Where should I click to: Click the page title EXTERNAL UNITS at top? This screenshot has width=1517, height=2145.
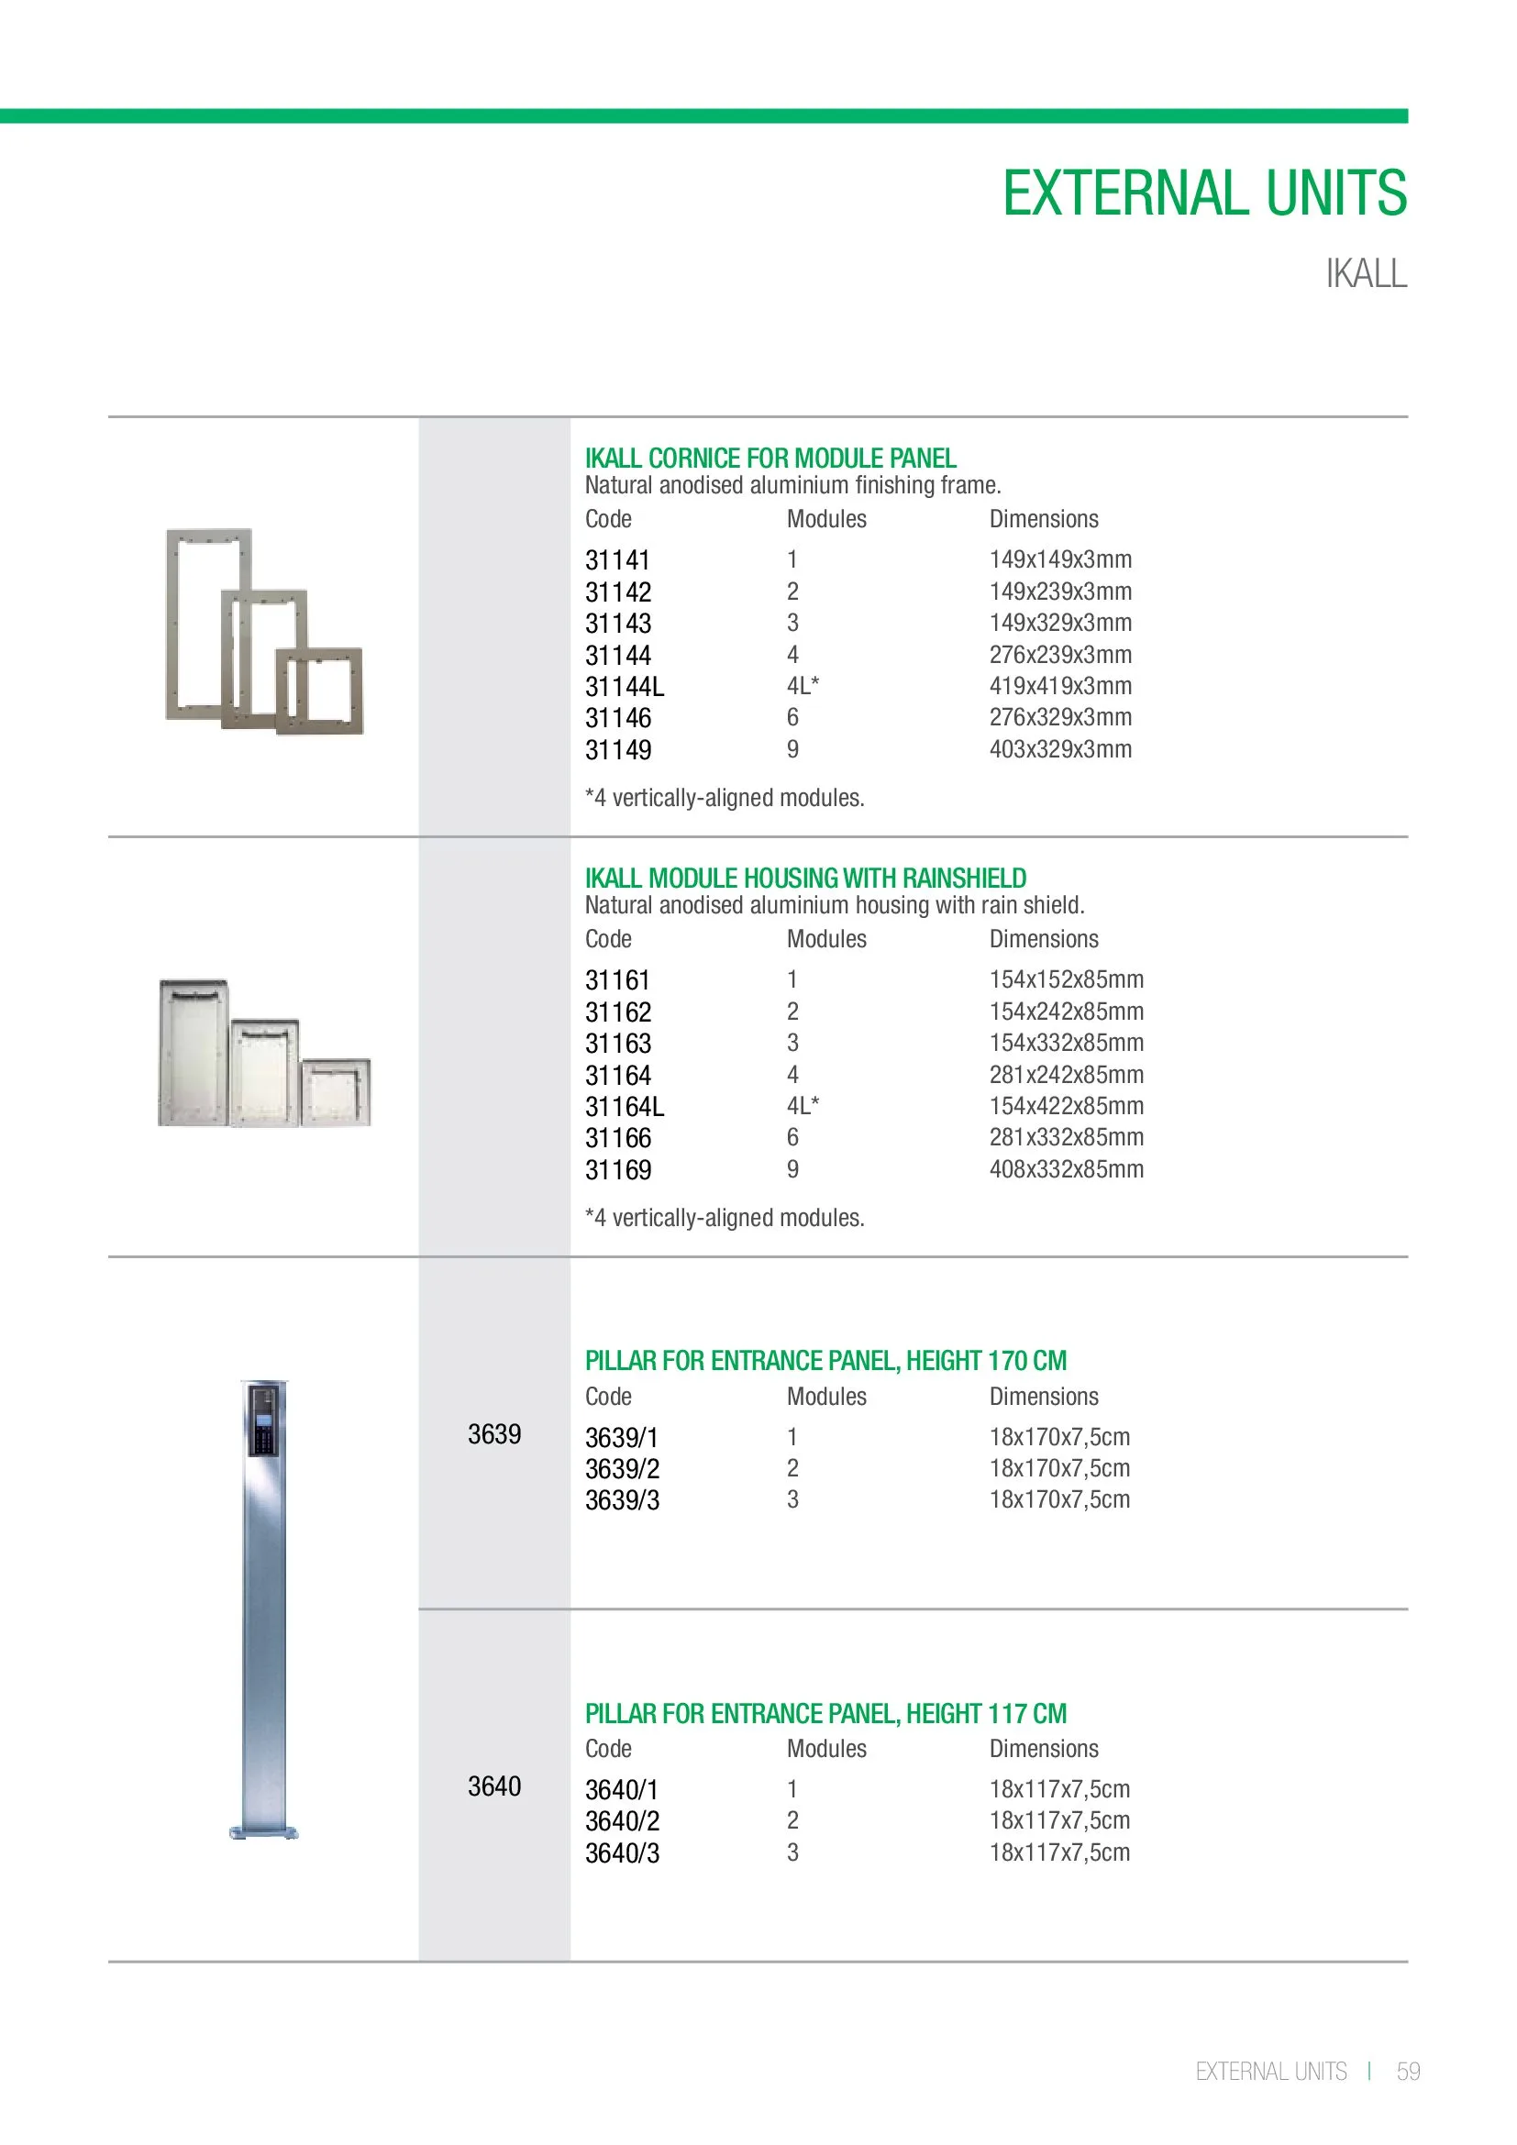[x=1204, y=193]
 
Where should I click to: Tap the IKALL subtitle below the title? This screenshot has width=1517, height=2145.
[x=1366, y=273]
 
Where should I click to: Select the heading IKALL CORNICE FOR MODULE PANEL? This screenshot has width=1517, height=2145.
[x=770, y=459]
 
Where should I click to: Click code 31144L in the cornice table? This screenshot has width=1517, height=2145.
[x=624, y=687]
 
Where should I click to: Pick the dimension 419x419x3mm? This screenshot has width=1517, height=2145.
[x=1060, y=686]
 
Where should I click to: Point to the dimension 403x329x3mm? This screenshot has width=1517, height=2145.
[x=1060, y=749]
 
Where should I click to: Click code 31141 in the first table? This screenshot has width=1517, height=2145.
[x=616, y=560]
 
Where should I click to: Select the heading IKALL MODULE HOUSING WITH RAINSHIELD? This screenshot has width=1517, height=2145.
[x=805, y=879]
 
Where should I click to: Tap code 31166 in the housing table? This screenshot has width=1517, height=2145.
[x=617, y=1138]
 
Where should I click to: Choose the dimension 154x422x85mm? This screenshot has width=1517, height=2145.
[x=1066, y=1106]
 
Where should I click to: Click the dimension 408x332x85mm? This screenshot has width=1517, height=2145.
[x=1066, y=1168]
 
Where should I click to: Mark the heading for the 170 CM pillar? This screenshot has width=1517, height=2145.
[x=825, y=1361]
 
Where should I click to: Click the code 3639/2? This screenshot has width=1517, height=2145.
[x=622, y=1468]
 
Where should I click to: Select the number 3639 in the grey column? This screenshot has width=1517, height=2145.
[x=494, y=1434]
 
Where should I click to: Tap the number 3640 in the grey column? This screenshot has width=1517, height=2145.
[x=494, y=1786]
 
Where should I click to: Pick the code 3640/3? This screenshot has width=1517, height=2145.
[x=622, y=1852]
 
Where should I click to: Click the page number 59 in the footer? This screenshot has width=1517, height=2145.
[x=1408, y=2072]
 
